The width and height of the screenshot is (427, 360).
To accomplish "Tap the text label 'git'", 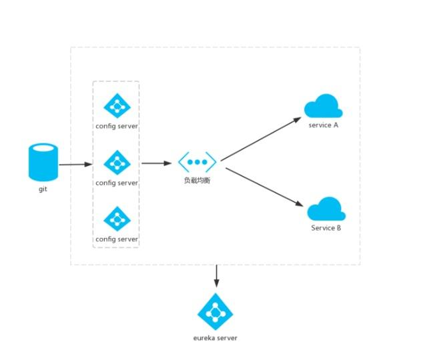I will [43, 189].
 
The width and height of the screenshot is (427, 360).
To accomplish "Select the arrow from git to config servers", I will [75, 163].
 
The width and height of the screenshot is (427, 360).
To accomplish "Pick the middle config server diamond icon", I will [117, 163].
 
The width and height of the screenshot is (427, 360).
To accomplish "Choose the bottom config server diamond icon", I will [117, 219].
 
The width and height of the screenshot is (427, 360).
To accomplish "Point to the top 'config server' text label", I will [117, 125].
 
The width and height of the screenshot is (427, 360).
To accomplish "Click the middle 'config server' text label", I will [117, 182].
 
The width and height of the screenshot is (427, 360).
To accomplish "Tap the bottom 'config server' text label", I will [117, 239].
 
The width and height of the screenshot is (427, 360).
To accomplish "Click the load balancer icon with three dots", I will [197, 161].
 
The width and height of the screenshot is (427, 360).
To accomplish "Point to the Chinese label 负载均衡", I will [197, 180].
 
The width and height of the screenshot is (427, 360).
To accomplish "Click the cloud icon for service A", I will [323, 107].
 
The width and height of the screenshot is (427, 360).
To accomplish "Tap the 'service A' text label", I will [324, 125].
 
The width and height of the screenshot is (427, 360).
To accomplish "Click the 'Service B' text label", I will [326, 228].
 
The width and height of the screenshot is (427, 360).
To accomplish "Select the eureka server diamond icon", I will [215, 311].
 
